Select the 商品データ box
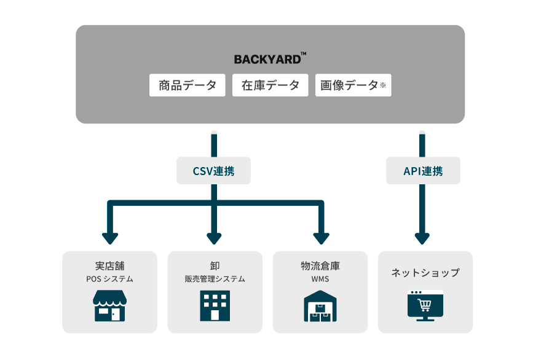[188, 85]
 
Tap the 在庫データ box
[270, 85]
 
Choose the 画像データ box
[353, 85]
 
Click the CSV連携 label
[213, 171]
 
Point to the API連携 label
[423, 171]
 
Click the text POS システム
[109, 279]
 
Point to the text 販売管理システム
[215, 279]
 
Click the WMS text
[320, 279]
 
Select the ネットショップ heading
[425, 273]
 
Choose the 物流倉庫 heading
[320, 266]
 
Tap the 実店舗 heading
[109, 266]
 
